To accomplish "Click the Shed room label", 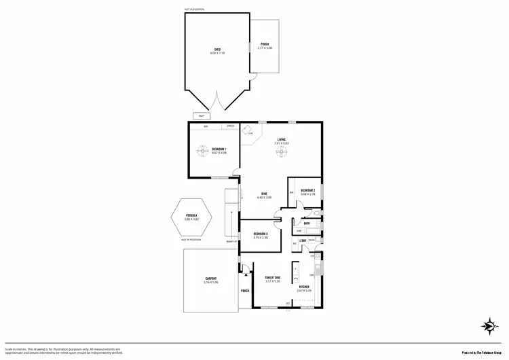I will coord(217,49).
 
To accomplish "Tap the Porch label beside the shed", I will coord(265,46).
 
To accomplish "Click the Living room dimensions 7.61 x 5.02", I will coord(282,143).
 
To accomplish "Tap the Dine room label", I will coord(264,194).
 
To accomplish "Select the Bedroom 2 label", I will coord(308,190).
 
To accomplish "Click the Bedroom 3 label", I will coord(261,234).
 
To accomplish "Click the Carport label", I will coord(210,278).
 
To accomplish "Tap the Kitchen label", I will coord(303,287).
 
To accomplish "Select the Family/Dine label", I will coord(272,277).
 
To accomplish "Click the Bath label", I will coord(307,223).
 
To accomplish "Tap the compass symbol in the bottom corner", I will coord(487,327).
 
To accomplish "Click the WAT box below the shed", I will coord(202,115).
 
